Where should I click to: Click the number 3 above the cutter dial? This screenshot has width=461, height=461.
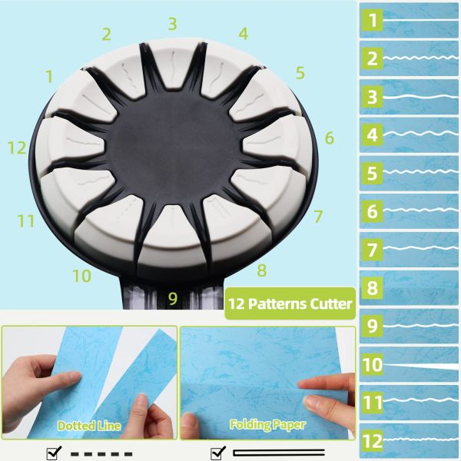coord(172,24)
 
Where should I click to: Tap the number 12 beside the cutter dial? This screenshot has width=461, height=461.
coord(17,148)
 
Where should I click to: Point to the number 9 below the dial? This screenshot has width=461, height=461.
coord(172,297)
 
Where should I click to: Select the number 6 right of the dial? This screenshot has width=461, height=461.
coord(329,138)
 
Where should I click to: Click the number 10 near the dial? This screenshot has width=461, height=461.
coord(81,275)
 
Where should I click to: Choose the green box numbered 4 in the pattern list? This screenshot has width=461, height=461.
coord(373,135)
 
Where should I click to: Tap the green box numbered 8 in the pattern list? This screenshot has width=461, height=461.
coord(373,288)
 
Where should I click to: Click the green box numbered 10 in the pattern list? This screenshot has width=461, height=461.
coord(373,364)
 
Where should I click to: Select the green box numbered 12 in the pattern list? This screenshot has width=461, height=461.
coord(373,441)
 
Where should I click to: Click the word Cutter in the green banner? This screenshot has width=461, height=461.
coord(326,303)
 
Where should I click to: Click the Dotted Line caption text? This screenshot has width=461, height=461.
coord(88,425)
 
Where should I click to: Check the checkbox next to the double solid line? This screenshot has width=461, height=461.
coord(218,453)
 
